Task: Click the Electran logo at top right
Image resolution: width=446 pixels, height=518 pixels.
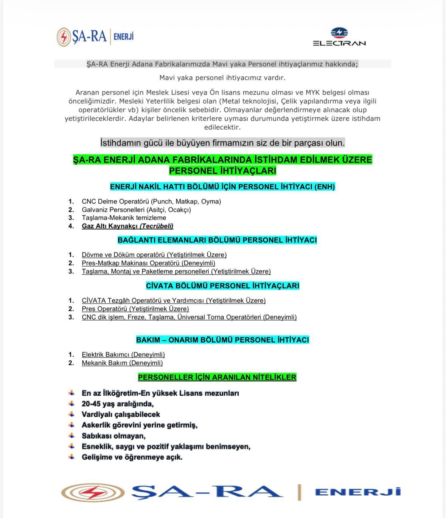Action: [339, 37]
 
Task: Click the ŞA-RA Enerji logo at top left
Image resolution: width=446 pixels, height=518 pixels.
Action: [95, 37]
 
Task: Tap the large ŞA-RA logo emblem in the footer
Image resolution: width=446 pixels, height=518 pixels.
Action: [93, 492]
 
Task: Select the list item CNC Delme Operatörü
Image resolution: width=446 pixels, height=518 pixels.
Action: [151, 202]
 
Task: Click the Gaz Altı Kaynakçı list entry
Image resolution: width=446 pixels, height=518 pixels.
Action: [127, 226]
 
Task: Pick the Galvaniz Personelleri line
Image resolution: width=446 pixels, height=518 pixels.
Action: [136, 210]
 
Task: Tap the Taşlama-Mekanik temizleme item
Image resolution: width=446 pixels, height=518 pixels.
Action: [124, 218]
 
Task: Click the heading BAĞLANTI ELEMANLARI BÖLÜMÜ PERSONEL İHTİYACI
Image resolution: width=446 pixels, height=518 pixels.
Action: [217, 240]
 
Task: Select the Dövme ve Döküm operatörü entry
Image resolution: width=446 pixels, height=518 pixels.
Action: [154, 255]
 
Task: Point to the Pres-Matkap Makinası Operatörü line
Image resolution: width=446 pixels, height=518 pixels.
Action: [148, 263]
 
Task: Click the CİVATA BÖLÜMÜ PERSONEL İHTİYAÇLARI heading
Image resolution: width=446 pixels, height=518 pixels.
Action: [222, 286]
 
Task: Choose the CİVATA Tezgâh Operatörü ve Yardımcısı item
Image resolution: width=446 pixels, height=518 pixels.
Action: [174, 301]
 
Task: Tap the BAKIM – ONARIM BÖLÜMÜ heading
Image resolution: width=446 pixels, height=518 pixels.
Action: [222, 340]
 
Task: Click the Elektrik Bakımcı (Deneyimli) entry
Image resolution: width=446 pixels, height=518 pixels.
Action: [123, 355]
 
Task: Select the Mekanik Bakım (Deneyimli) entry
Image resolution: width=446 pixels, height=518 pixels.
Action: [122, 363]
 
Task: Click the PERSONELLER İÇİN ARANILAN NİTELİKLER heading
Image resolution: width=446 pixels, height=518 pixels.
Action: [217, 377]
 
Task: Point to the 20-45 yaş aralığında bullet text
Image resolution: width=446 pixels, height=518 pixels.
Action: [118, 404]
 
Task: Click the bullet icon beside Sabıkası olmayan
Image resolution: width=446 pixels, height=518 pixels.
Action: [71, 436]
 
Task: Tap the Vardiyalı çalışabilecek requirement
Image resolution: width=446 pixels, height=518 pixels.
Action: [121, 414]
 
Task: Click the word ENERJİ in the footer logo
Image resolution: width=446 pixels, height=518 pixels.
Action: [357, 492]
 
